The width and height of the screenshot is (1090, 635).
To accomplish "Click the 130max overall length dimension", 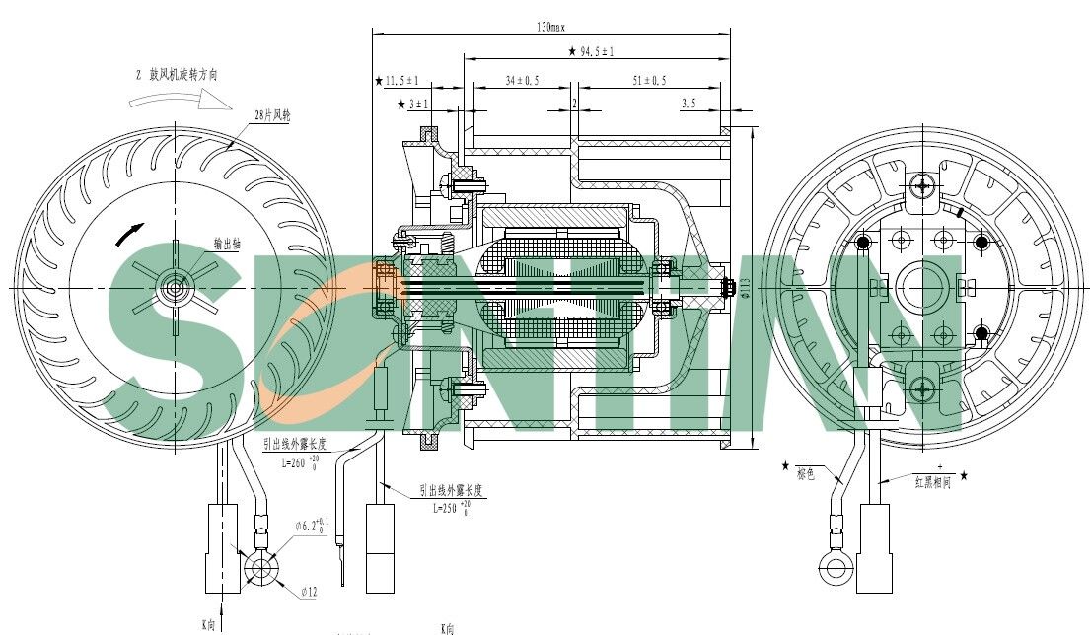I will (549, 26).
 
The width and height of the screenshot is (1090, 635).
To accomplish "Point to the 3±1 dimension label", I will (417, 104).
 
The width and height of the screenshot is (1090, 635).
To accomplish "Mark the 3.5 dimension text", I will (688, 103).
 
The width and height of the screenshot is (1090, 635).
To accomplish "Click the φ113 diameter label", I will (746, 285).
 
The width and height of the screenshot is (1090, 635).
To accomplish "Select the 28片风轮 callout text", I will (272, 115).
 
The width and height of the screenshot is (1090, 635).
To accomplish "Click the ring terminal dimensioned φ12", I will (262, 570).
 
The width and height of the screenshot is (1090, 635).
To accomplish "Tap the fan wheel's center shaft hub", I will (176, 288).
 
